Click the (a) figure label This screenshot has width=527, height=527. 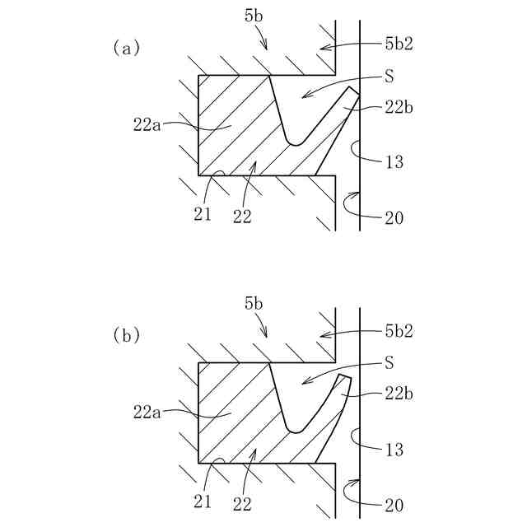126,48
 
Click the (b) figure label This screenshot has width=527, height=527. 126,335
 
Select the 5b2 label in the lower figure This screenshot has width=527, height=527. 399,331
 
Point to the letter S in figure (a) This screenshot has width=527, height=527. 389,76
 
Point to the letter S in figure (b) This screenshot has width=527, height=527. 389,362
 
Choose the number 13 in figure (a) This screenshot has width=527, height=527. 394,162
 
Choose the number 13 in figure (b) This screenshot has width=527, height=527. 394,449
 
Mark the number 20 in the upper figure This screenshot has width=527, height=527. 394,217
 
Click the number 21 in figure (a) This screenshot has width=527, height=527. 203,215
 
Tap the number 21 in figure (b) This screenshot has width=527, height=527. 203,501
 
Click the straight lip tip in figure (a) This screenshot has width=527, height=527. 354,91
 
